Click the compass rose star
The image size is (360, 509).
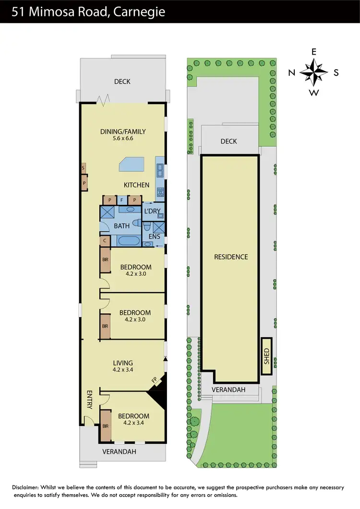(313, 73)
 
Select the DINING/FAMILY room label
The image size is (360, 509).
(123, 132)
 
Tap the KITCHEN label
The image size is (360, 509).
(137, 185)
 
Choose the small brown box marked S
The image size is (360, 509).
(84, 168)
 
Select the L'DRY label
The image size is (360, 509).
(153, 212)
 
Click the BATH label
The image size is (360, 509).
(122, 226)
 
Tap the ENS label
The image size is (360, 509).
(155, 237)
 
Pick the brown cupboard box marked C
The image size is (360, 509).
(104, 240)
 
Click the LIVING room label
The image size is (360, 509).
(123, 363)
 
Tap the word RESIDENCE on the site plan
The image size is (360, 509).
(231, 257)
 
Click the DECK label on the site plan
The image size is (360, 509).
(229, 142)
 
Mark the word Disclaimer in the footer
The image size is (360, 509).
(27, 487)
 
